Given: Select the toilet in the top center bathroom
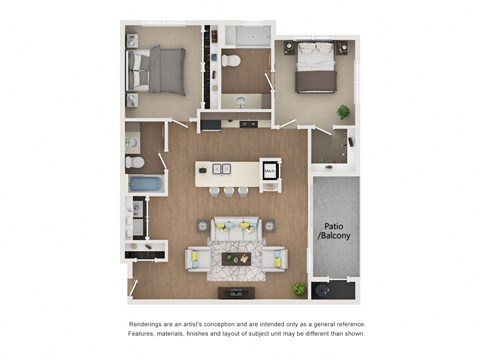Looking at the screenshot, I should (x=231, y=63).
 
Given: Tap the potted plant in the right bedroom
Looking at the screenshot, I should (x=343, y=112).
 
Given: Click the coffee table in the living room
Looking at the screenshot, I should (x=237, y=259).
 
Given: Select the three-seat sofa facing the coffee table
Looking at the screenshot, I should (x=237, y=231).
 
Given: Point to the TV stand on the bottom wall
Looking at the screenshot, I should (x=237, y=292).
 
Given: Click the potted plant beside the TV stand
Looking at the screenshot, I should (x=298, y=289).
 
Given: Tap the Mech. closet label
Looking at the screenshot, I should (x=270, y=172).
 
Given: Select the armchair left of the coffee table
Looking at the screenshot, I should (x=197, y=259).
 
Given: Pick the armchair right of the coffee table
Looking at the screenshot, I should (x=277, y=259).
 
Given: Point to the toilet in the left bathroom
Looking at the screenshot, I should (x=134, y=161).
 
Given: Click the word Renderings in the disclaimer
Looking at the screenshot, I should (x=150, y=325).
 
